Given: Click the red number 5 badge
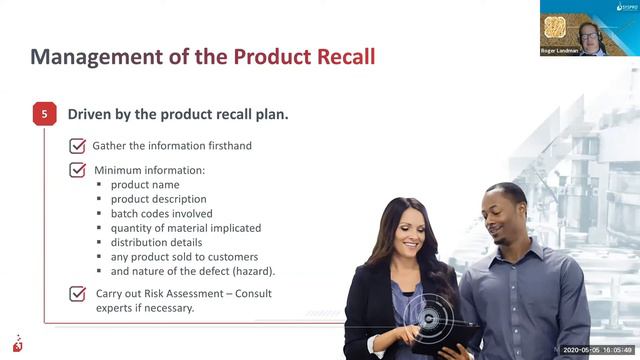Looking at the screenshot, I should (44, 115).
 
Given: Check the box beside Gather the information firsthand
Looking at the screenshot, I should (77, 146).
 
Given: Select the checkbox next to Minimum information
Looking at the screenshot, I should (77, 170).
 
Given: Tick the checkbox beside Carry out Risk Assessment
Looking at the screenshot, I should (77, 294).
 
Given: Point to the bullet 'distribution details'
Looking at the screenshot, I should (156, 242).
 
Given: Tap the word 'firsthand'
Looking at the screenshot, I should (224, 146).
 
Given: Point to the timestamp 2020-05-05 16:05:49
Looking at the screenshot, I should (598, 350).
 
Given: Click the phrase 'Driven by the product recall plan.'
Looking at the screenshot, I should (178, 114).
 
